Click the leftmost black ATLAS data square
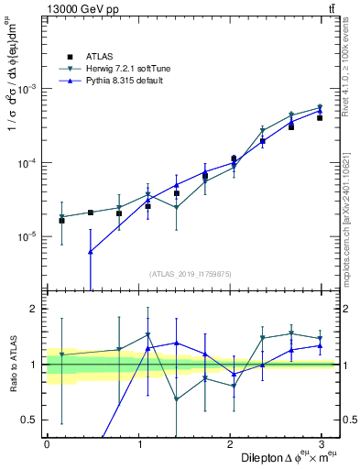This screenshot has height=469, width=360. point(61,221)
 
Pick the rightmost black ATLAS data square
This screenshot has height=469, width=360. point(320,118)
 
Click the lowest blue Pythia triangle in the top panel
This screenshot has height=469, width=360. point(90,252)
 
